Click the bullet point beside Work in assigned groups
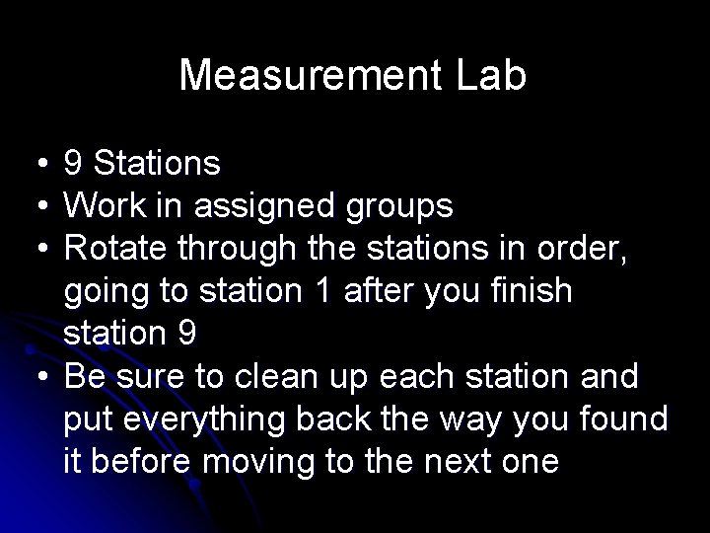pos(35,206)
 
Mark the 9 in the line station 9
pos(187,335)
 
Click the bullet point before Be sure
pos(35,378)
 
